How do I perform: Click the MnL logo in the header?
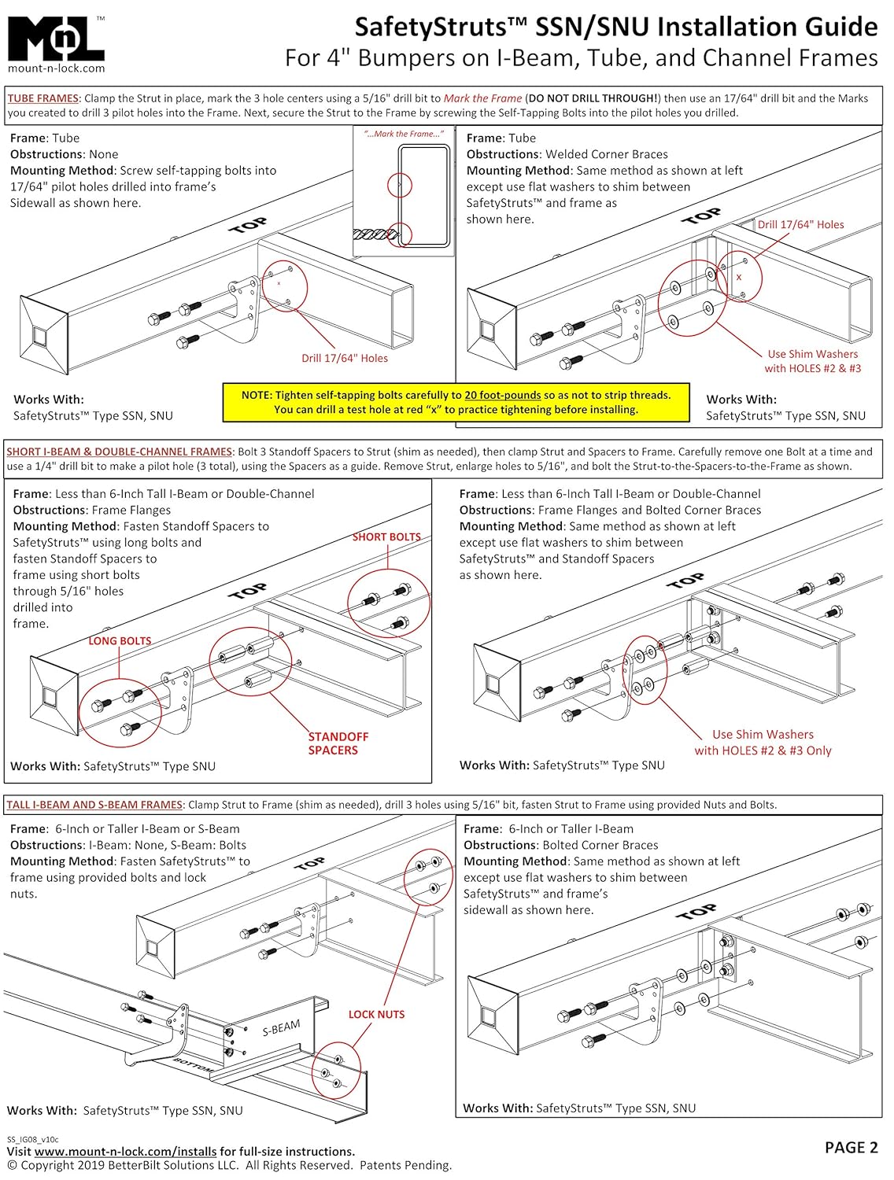pos(55,38)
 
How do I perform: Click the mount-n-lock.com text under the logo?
pos(56,68)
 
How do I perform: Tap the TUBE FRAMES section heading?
pos(42,98)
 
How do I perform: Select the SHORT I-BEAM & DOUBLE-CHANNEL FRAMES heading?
pos(119,452)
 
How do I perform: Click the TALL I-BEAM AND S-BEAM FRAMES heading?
pos(94,805)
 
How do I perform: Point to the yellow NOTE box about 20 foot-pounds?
pos(456,402)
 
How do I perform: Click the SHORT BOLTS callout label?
pos(386,537)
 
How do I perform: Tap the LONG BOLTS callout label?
pos(120,641)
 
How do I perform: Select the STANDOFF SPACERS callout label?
pos(338,743)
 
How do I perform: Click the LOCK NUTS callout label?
pos(376,1014)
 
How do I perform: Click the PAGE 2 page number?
pos(851,1148)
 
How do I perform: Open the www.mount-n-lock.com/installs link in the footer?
pos(125,1152)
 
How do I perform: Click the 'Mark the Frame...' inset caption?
pos(404,134)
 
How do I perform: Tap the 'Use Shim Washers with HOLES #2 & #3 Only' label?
pos(763,742)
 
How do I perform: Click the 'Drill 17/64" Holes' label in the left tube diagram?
pos(345,358)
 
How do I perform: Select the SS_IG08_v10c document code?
pos(33,1138)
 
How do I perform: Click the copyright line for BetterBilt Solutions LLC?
pos(229,1165)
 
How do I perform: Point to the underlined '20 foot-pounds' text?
pos(502,395)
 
